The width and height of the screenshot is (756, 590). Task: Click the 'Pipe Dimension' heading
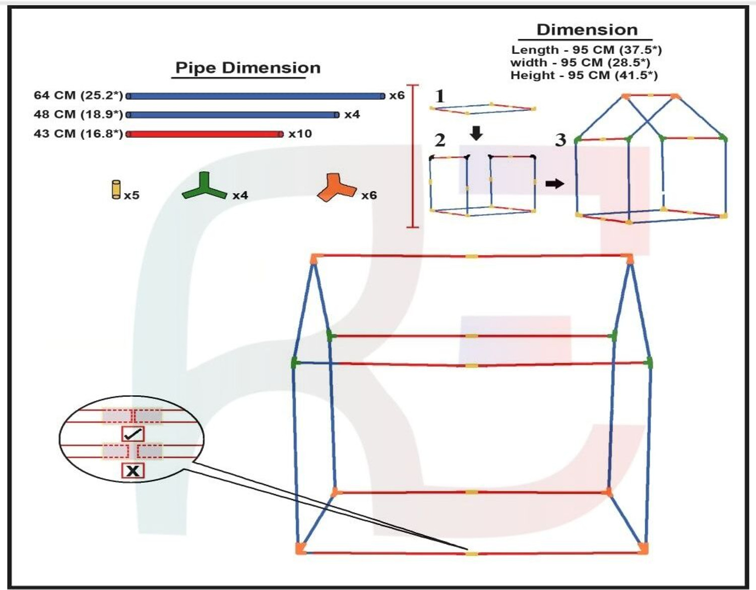[247, 68]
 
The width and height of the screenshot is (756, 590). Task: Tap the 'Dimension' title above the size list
[587, 30]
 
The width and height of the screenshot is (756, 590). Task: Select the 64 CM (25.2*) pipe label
[79, 95]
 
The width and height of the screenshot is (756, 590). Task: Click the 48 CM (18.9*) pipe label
[79, 114]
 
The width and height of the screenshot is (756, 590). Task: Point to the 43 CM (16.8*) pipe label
[79, 134]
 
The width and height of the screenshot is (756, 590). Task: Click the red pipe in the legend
[205, 134]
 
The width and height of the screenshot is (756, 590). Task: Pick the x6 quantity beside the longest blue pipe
[397, 95]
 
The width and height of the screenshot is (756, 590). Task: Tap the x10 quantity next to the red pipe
[300, 134]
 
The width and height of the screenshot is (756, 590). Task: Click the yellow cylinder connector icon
[116, 190]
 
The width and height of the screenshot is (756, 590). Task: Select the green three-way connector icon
[205, 188]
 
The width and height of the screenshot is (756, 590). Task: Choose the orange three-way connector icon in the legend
[337, 188]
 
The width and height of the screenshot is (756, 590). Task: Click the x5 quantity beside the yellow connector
[132, 195]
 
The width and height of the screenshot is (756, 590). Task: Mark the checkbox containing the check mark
[133, 434]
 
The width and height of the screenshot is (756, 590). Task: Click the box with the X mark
[133, 470]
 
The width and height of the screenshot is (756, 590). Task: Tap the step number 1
[440, 96]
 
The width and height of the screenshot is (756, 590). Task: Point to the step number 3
[560, 140]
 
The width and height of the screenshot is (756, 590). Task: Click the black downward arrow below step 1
[476, 134]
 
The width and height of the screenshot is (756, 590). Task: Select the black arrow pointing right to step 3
[554, 184]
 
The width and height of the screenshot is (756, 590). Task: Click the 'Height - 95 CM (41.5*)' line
[584, 76]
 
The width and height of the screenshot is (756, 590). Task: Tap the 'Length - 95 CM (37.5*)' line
[587, 50]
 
